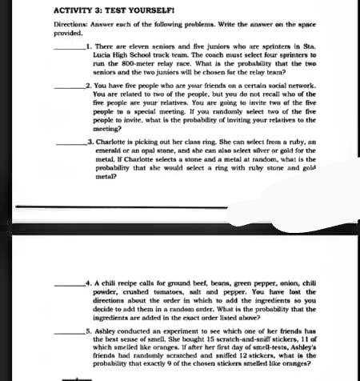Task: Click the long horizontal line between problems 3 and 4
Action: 180,206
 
